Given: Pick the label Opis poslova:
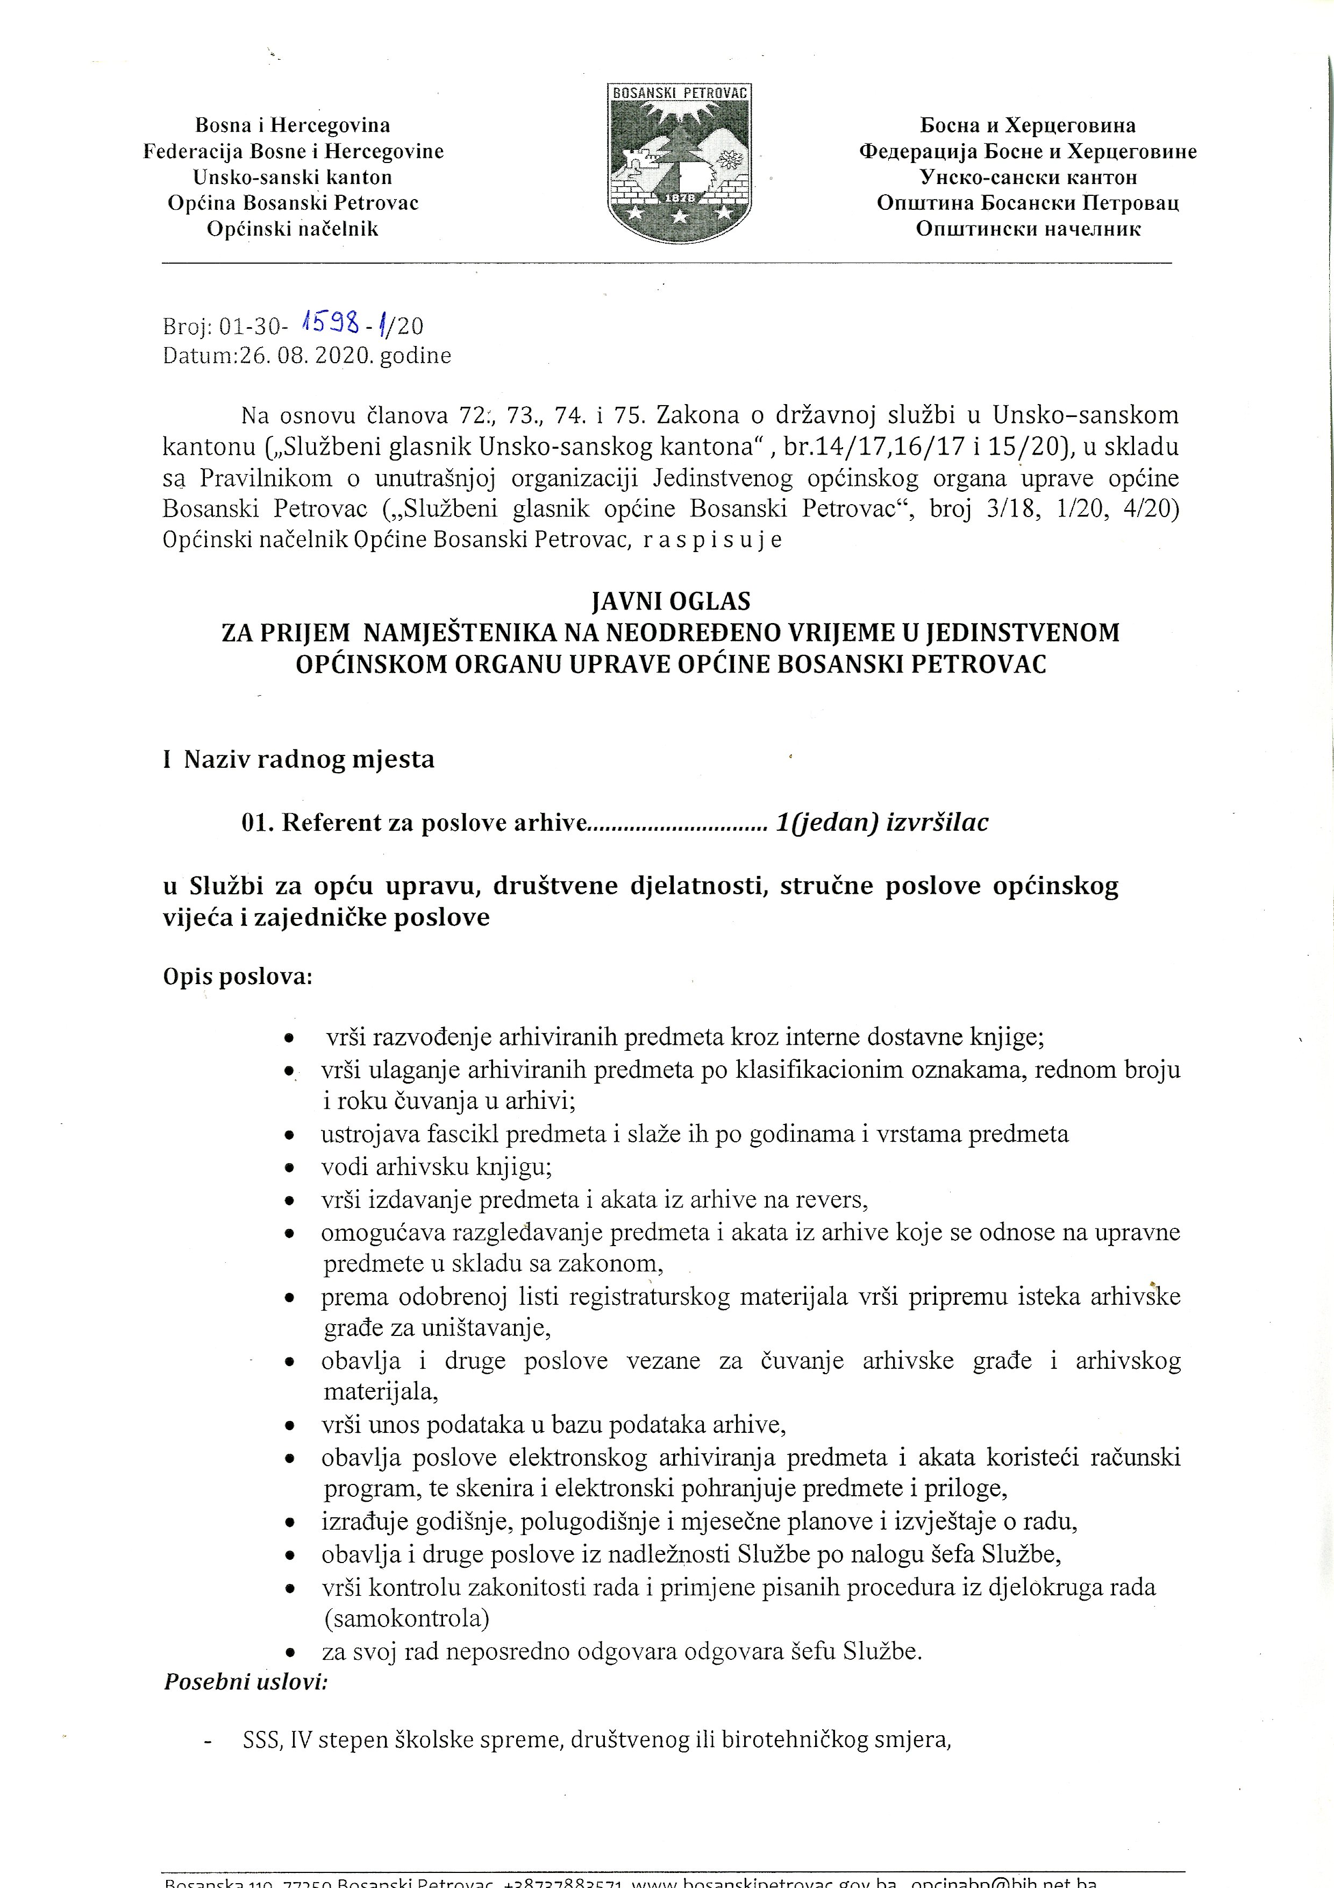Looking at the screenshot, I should [x=238, y=977].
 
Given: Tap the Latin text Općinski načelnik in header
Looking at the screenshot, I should [x=293, y=229].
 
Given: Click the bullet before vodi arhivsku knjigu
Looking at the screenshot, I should [x=289, y=1168].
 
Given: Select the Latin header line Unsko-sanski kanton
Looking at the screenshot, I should [x=293, y=177].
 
